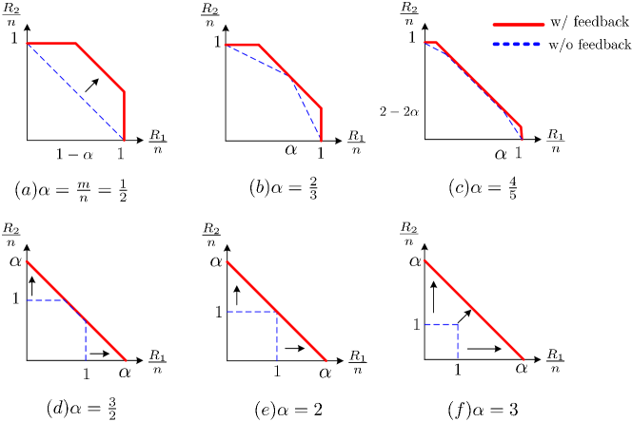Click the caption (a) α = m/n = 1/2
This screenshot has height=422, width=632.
tap(71, 190)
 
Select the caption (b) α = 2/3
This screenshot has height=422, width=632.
tap(283, 187)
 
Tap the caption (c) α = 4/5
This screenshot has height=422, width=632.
tap(484, 187)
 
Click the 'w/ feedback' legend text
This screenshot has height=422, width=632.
tap(589, 22)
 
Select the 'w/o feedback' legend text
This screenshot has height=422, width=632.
tap(589, 45)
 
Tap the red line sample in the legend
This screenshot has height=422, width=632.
tap(518, 22)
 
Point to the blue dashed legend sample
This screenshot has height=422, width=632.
tap(518, 45)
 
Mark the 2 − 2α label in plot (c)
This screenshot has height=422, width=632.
tap(399, 111)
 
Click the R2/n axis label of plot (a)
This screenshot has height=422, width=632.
tap(21, 15)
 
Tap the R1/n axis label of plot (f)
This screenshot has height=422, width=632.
tap(554, 360)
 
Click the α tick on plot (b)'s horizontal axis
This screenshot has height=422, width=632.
tap(290, 149)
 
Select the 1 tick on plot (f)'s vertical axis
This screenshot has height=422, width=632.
tap(416, 325)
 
